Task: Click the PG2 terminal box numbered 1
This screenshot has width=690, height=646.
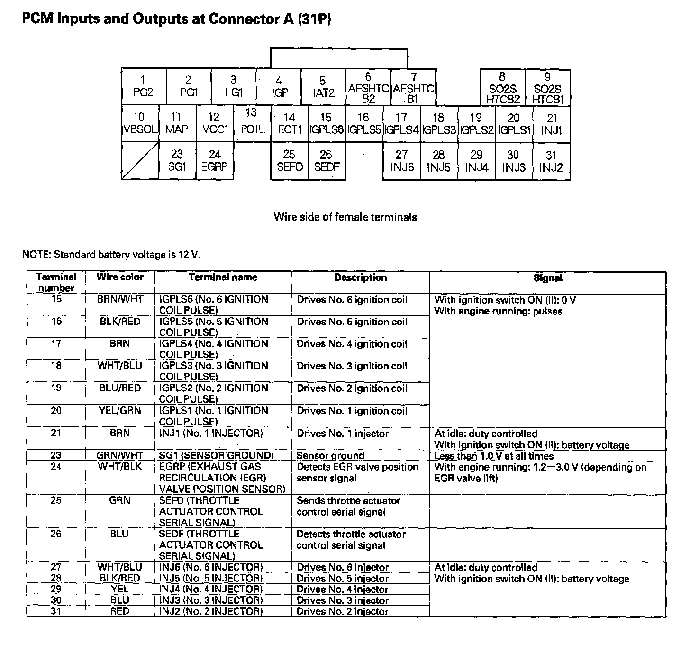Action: tap(144, 87)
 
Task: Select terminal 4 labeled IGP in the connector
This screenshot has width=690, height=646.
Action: tap(279, 87)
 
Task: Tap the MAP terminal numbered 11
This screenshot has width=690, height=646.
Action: tap(177, 123)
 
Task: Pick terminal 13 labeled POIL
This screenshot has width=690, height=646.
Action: tap(252, 121)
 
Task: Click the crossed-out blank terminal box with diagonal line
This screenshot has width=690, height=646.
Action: tap(140, 162)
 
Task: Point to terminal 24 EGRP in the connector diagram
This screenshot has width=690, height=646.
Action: tap(215, 161)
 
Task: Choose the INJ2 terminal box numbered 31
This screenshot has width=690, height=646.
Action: tap(551, 161)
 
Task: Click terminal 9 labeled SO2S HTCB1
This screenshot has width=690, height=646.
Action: tap(547, 88)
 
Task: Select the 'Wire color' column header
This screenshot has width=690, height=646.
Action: tap(120, 277)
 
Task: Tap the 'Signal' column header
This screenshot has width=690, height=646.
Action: tap(547, 278)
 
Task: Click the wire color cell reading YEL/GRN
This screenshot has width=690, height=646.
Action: tap(119, 410)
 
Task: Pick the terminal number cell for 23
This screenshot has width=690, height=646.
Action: tap(56, 455)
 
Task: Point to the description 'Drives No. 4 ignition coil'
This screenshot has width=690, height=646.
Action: tap(352, 344)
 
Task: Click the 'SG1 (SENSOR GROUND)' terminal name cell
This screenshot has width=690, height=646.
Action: tap(217, 456)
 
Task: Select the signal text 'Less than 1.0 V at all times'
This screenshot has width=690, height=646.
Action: tap(494, 456)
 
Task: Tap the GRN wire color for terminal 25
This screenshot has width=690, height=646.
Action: tap(119, 500)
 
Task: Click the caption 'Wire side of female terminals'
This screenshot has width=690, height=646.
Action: tap(345, 217)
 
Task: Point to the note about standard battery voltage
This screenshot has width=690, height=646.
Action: tap(111, 255)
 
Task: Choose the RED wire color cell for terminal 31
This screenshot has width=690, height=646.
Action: tap(119, 611)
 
